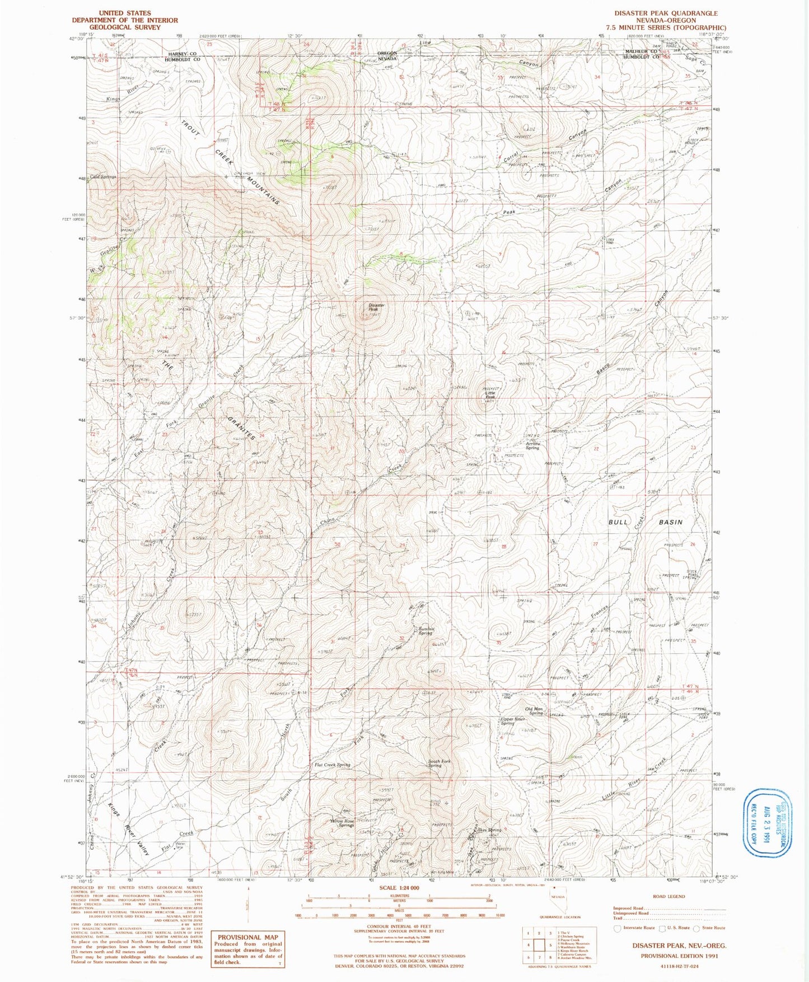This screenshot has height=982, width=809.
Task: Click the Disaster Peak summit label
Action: pyautogui.click(x=373, y=307)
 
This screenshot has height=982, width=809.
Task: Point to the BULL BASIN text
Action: pyautogui.click(x=646, y=522)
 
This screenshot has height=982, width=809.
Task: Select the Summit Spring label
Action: pyautogui.click(x=425, y=631)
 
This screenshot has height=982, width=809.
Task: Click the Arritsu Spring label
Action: pyautogui.click(x=532, y=446)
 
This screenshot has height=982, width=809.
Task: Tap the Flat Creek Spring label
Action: pyautogui.click(x=333, y=765)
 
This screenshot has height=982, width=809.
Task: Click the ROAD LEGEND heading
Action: pyautogui.click(x=668, y=896)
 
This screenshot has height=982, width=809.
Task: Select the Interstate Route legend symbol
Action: pyautogui.click(x=618, y=928)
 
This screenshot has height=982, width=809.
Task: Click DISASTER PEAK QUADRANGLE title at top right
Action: pyautogui.click(x=666, y=13)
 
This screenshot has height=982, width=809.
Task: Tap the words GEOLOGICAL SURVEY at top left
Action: pyautogui.click(x=125, y=27)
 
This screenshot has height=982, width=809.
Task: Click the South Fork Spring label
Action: pyautogui.click(x=439, y=763)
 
